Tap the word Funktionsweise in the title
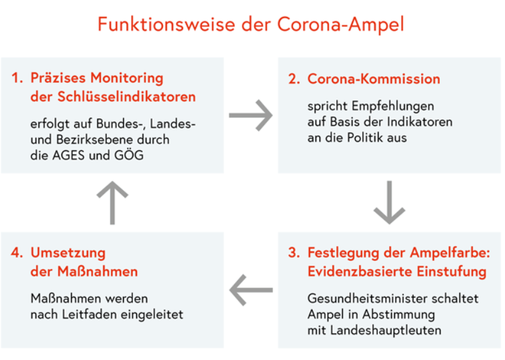tap(166, 24)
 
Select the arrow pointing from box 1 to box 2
tap(251, 115)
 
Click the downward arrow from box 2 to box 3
tap(389, 202)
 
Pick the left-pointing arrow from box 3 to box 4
tap(251, 290)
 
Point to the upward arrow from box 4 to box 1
tap(112, 202)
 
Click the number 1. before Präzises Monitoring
tap(18, 78)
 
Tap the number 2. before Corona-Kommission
tap(294, 79)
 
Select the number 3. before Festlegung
tap(294, 253)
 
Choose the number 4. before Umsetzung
tap(17, 253)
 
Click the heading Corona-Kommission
tap(373, 79)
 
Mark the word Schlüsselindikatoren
tap(126, 97)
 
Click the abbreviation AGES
tap(69, 156)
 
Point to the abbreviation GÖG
tap(129, 155)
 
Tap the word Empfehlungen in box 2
tap(393, 107)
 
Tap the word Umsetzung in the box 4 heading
tap(68, 253)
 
